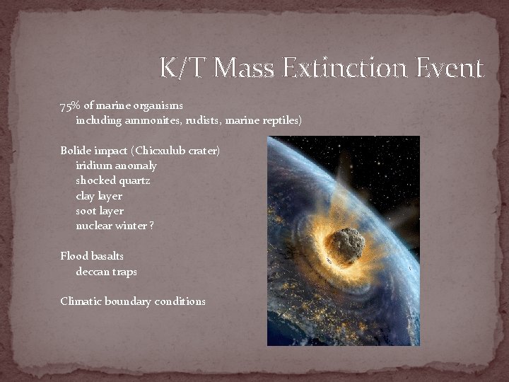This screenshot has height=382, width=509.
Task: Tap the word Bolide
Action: click(x=75, y=151)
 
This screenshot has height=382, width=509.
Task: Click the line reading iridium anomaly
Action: click(x=116, y=166)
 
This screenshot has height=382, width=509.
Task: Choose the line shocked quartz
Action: click(x=113, y=181)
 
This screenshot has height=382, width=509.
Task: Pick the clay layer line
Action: click(x=99, y=196)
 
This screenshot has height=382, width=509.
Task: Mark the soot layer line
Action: click(x=100, y=211)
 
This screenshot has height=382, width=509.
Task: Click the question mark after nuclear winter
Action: click(x=152, y=226)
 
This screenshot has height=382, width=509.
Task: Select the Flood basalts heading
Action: click(x=92, y=256)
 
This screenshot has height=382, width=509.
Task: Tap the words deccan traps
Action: click(x=106, y=272)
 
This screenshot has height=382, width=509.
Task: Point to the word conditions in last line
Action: click(x=180, y=301)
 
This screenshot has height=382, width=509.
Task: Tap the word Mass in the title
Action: click(x=245, y=68)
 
